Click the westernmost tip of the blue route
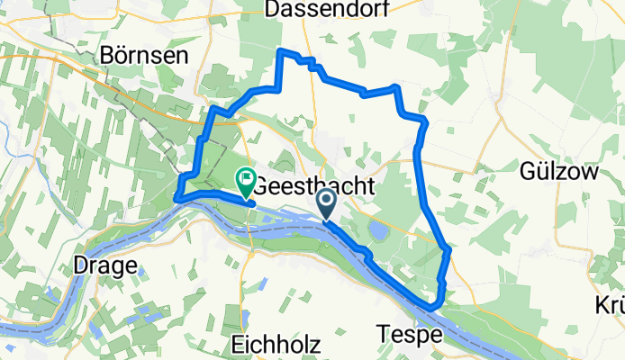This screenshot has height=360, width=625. click(x=176, y=198)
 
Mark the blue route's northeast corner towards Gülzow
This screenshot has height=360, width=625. click(x=396, y=86)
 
